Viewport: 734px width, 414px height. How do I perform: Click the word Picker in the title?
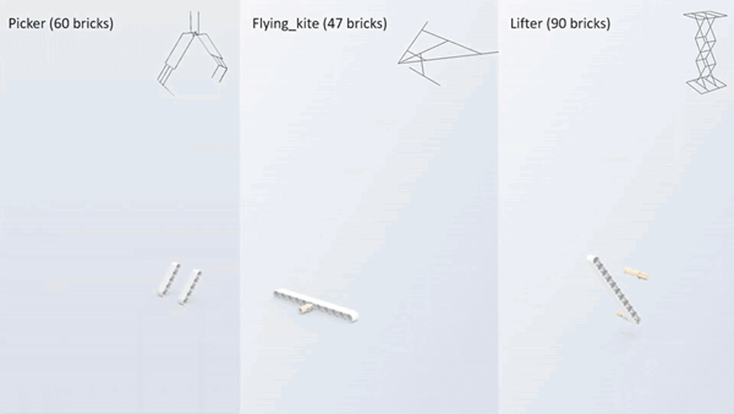[x=27, y=24]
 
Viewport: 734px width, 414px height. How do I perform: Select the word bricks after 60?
[x=91, y=24]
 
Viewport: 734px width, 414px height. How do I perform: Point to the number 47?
[x=334, y=24]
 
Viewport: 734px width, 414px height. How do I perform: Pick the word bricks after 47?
[x=364, y=24]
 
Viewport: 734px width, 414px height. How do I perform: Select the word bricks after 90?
[x=588, y=24]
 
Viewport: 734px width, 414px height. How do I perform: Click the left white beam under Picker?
[x=169, y=280]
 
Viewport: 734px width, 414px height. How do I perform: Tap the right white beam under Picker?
[x=190, y=287]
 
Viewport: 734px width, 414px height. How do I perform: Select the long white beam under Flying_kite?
[x=316, y=305]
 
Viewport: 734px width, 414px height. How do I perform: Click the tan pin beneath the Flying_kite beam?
[x=306, y=309]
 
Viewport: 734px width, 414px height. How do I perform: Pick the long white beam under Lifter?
[x=614, y=289]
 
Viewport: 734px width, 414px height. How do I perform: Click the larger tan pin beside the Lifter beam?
[x=636, y=274]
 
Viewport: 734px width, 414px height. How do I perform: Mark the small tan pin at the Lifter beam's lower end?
[x=621, y=315]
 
